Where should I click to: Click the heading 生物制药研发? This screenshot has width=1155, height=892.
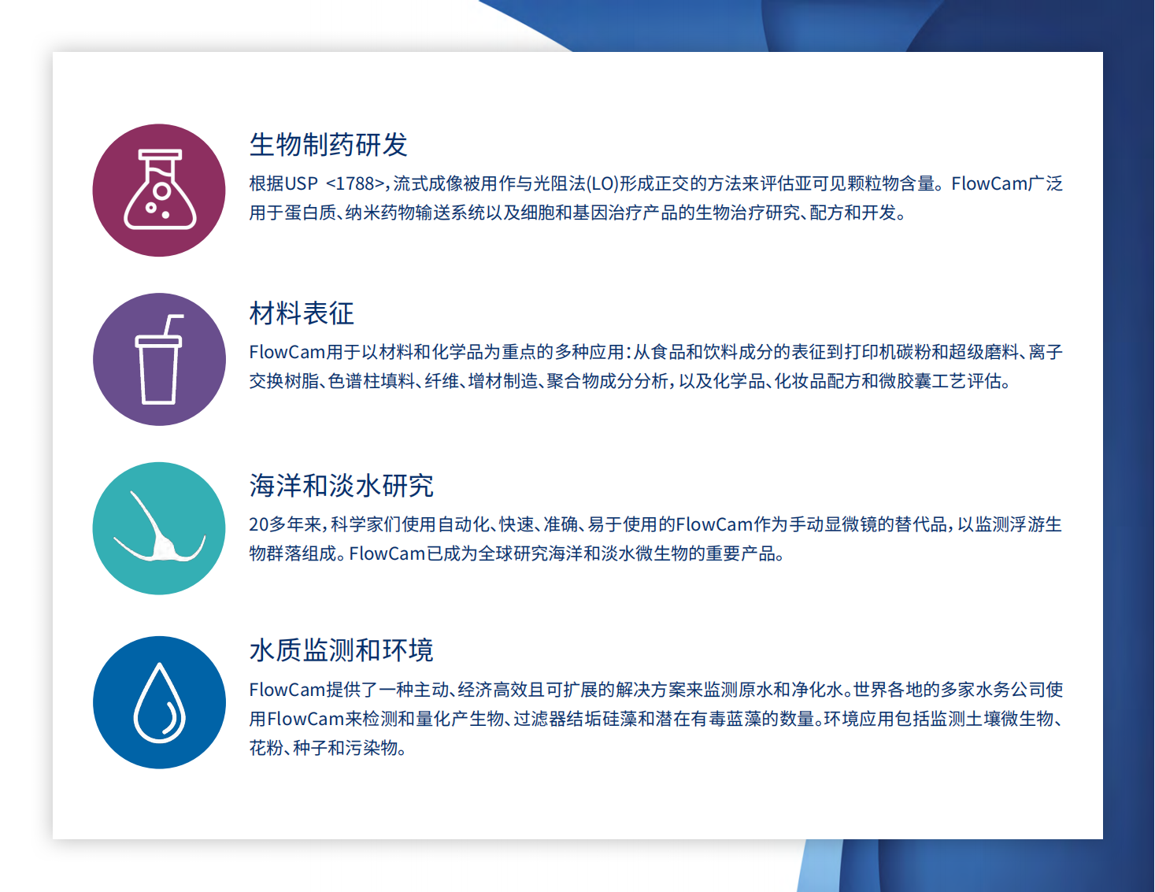(328, 145)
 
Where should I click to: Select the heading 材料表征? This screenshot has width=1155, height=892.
(302, 313)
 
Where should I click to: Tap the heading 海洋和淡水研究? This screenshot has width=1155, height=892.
(341, 485)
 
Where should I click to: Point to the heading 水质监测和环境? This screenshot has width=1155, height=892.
(341, 650)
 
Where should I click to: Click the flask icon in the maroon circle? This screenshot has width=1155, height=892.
(160, 190)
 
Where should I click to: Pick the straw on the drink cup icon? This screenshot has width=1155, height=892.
(172, 325)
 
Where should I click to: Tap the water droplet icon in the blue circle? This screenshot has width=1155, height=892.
(160, 702)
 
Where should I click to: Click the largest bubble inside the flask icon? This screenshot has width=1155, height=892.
(162, 191)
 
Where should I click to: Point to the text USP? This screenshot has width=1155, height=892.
(302, 183)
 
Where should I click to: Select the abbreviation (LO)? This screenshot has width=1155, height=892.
(602, 183)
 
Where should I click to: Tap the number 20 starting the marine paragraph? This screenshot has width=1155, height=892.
(259, 524)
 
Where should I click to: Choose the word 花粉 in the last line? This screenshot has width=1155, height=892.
(266, 747)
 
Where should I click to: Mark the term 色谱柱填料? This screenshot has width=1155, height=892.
(372, 381)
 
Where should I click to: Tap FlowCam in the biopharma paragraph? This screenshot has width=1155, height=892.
(989, 183)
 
